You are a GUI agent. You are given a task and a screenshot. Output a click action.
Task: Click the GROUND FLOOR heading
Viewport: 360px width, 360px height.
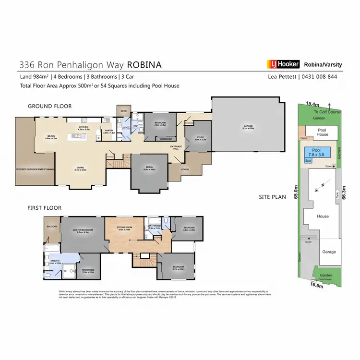[x=49, y=106]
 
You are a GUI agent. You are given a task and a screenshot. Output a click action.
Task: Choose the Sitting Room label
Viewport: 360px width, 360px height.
[x=125, y=228]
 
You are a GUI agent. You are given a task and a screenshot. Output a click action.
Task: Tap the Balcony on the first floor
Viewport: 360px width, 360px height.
[x=52, y=226]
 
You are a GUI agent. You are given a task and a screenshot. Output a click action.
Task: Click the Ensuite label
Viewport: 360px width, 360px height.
[x=56, y=262]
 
